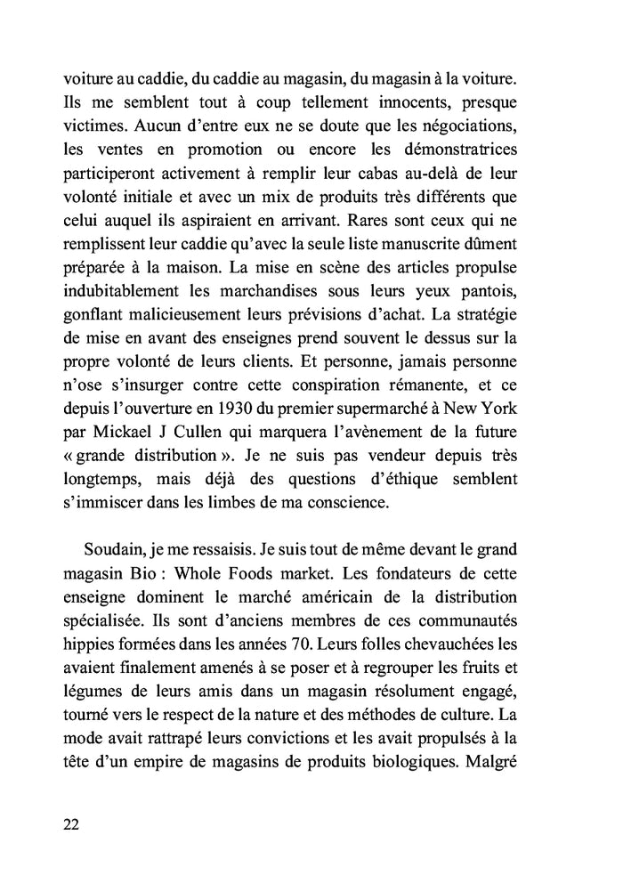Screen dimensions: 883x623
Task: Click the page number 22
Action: coord(72,823)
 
